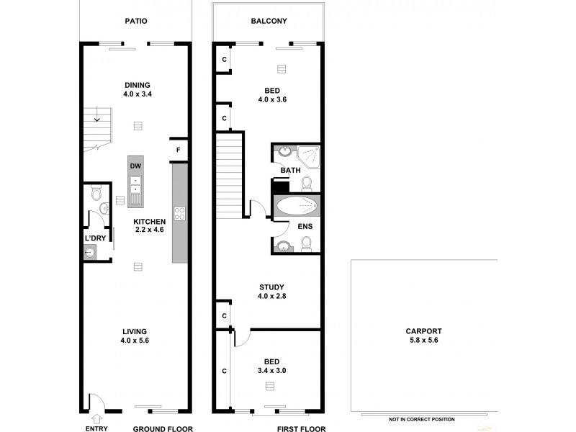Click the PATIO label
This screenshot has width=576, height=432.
coord(135,21)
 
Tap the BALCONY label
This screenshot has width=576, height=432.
coord(269,21)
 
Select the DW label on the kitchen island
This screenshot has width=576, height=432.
coord(135,166)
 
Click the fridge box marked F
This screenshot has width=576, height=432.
coord(178,150)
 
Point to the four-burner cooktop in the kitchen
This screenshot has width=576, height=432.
coord(180,213)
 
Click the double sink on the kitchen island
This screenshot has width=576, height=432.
coord(135,191)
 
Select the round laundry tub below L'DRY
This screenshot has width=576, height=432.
coord(89,252)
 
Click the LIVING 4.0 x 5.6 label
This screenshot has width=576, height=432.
coord(135,336)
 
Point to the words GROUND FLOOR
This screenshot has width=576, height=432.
coord(161,428)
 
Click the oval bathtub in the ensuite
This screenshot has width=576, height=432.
coord(297,207)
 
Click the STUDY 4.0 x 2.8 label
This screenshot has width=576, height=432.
coord(271,292)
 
